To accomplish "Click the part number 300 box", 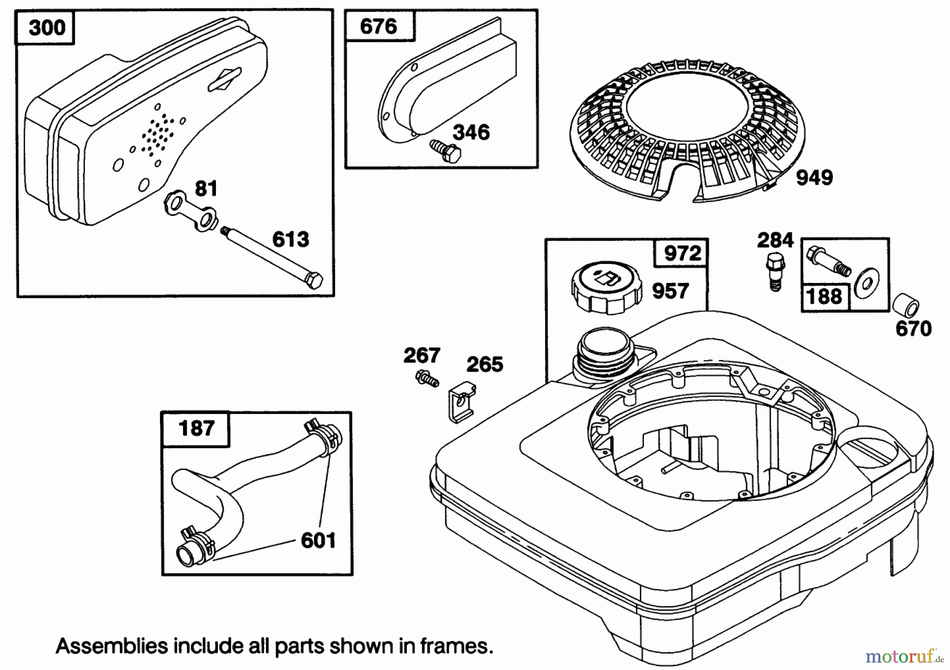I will (x=46, y=27).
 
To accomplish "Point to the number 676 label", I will (x=379, y=26).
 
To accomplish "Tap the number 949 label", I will (x=814, y=178).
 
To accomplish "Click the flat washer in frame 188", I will (x=866, y=283).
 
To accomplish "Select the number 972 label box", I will (x=682, y=253).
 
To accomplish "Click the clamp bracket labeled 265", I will (x=461, y=404).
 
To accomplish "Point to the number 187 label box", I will (x=196, y=428).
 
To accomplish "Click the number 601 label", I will (x=318, y=540).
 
